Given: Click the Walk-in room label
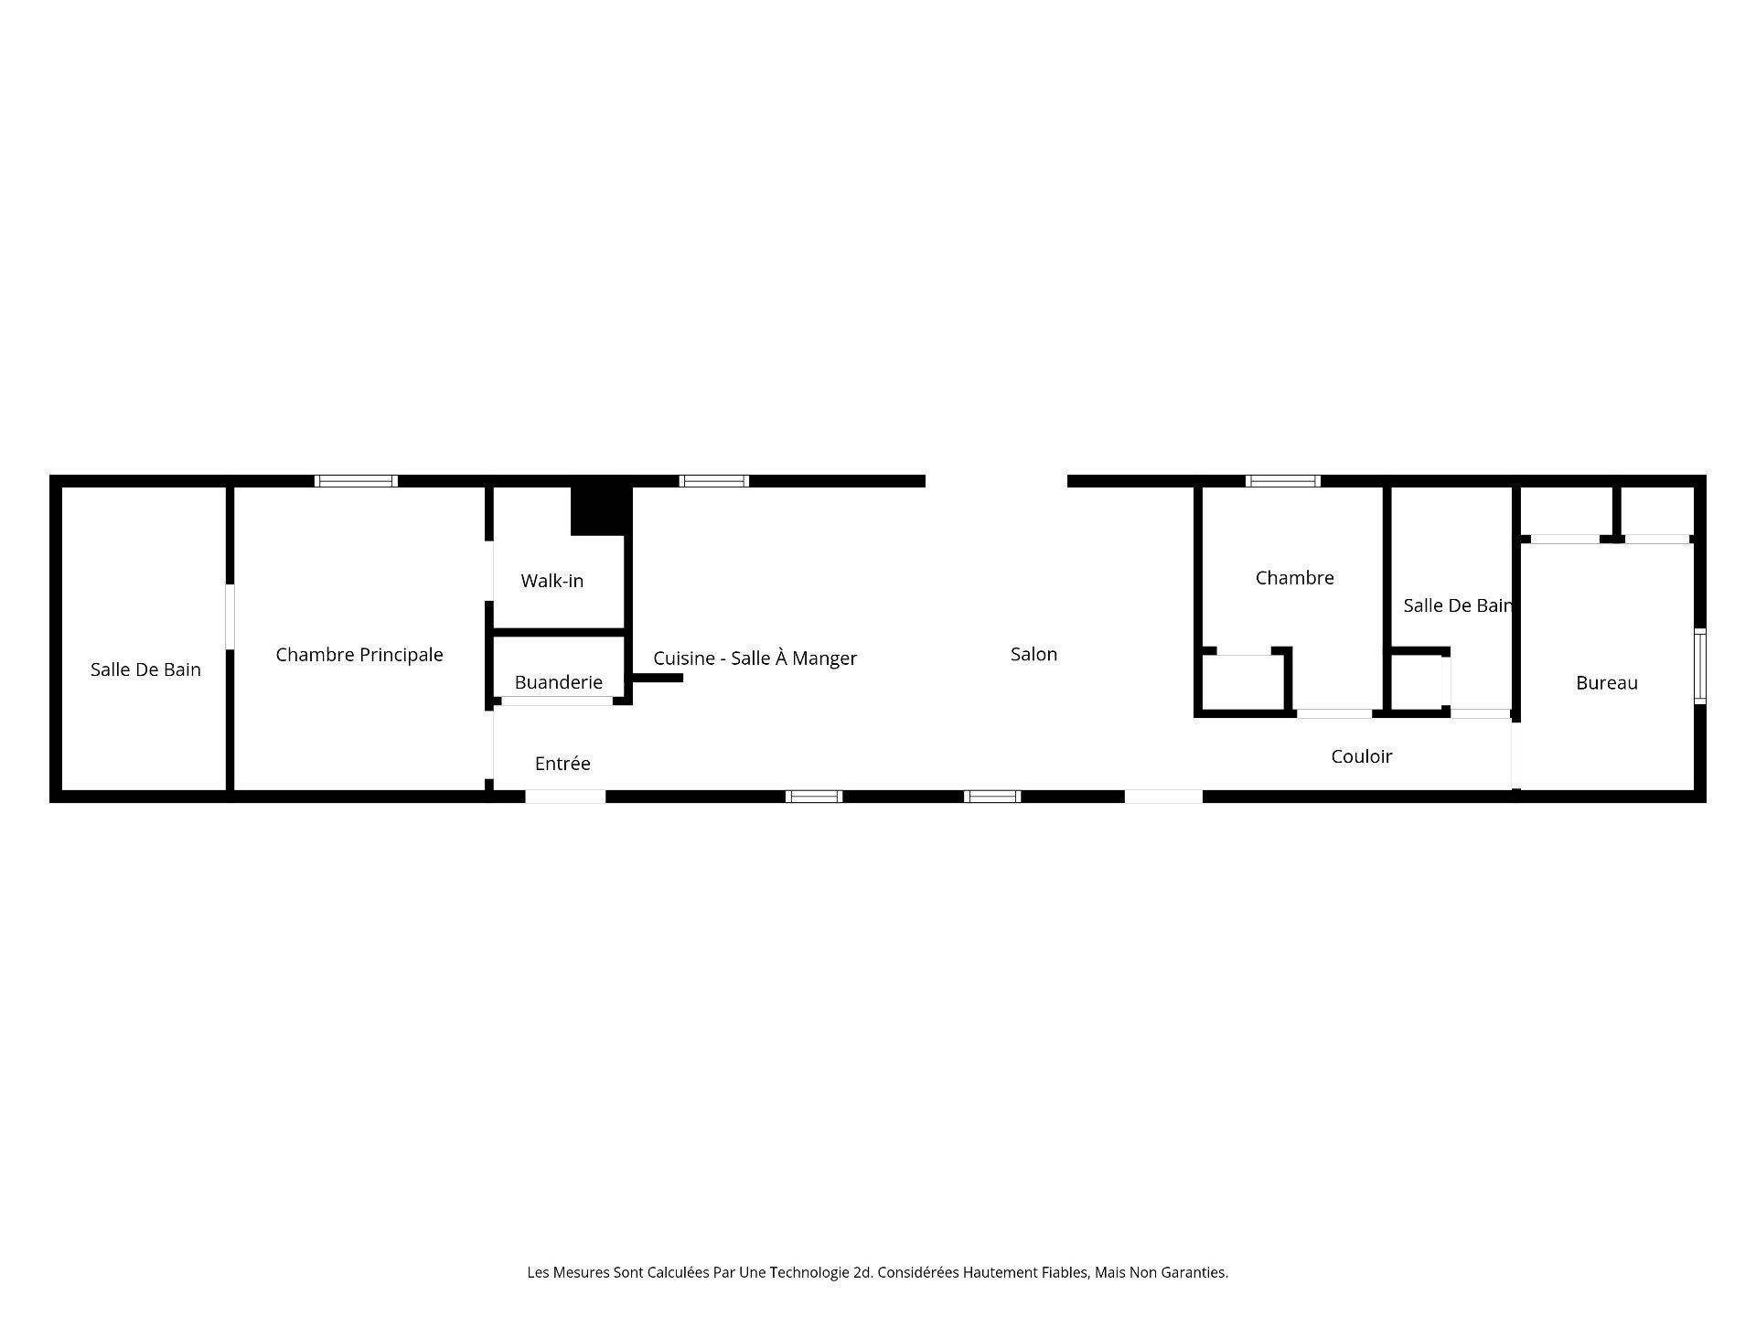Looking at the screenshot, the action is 551,581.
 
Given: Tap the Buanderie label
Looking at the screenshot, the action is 558,682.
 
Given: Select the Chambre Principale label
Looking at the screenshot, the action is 359,655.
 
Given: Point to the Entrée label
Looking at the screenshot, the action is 562,764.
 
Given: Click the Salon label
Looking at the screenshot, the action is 1033,654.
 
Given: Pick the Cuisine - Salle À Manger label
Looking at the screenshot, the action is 755,658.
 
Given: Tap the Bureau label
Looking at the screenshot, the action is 1607,683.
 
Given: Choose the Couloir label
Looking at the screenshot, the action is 1362,756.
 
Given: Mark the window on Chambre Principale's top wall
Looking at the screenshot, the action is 357,481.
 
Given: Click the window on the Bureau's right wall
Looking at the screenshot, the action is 1699,667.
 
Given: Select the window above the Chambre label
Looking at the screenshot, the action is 1283,481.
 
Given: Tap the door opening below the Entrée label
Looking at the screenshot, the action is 565,797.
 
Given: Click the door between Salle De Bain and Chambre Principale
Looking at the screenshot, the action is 230,617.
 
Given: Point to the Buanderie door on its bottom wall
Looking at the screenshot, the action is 557,701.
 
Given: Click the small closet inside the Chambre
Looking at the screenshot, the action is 1243,681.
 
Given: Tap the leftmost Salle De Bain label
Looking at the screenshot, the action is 145,669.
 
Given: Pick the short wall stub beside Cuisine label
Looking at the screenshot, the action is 658,678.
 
